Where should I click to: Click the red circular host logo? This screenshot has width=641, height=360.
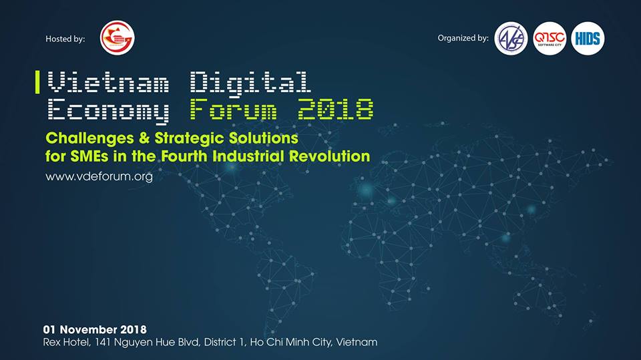(x=118, y=37)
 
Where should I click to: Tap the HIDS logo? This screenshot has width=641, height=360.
(x=588, y=39)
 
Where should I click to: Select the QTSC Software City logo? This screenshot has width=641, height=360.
(x=550, y=39)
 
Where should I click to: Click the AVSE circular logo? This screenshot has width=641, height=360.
(x=511, y=39)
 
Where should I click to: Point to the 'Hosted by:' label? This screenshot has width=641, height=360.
(x=65, y=39)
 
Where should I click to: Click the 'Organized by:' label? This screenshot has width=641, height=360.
(x=463, y=38)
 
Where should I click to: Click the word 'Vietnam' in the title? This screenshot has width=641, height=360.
(x=108, y=81)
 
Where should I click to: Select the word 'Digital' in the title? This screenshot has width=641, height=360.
(x=250, y=84)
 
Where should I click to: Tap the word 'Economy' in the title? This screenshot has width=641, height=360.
(x=108, y=111)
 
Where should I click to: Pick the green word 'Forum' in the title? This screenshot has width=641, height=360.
(x=233, y=109)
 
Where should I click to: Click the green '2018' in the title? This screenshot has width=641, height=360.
(x=335, y=109)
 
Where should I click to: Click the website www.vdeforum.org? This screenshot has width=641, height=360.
(x=99, y=177)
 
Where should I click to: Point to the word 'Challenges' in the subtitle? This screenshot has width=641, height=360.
(x=89, y=139)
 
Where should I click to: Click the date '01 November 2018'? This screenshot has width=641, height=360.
(x=95, y=330)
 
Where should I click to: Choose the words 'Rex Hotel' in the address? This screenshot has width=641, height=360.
(x=67, y=342)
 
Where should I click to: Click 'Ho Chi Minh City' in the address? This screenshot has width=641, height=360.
(x=290, y=342)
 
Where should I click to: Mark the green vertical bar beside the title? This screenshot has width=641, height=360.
(x=37, y=82)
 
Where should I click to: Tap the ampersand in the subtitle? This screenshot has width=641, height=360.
(x=144, y=138)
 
